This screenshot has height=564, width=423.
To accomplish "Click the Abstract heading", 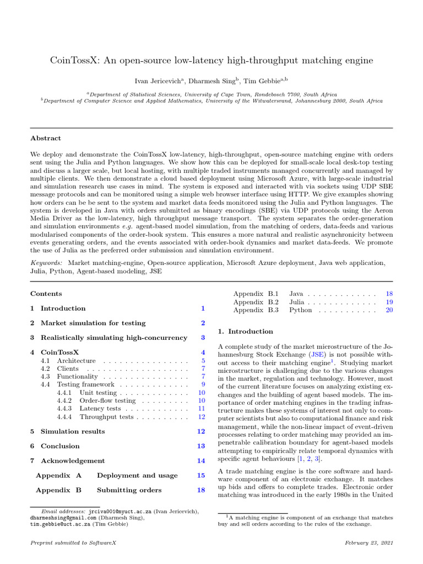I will tap(46, 138).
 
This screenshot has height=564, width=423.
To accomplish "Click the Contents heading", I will tap(46, 294).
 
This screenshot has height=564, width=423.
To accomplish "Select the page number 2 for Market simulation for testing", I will tap(203, 323).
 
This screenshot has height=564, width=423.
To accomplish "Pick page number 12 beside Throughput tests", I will tap(201, 417).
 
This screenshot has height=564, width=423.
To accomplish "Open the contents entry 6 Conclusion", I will tap(55, 446).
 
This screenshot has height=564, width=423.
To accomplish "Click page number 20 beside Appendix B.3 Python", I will tap(389, 310).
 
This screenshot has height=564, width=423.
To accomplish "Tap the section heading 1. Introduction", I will tap(246, 332).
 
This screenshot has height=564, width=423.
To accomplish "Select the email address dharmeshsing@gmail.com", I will tap(63, 518).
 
